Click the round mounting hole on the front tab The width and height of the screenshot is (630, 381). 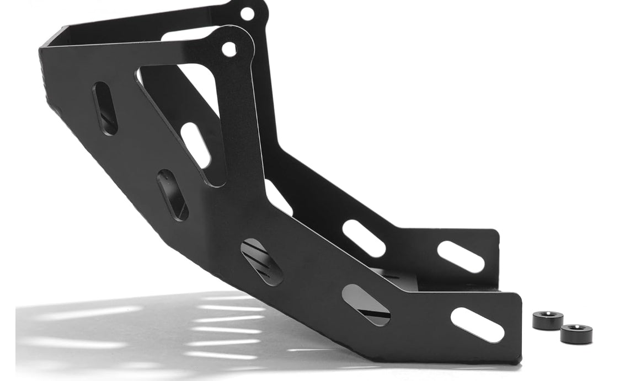click(x=229, y=50)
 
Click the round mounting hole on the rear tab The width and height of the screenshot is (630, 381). click(x=247, y=13)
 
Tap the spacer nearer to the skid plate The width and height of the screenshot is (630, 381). click(x=548, y=320)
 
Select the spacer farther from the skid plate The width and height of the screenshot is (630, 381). click(x=576, y=334)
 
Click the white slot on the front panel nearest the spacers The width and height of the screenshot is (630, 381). click(x=477, y=325)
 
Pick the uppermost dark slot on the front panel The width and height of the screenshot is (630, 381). click(x=105, y=108)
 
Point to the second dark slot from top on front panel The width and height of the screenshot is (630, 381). click(x=173, y=195)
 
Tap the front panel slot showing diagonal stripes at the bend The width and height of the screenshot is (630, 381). click(x=261, y=261)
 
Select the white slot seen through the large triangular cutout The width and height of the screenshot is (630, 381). click(x=195, y=145)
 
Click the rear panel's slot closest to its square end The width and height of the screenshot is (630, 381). click(x=461, y=257)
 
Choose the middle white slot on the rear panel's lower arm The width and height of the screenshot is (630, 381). click(x=363, y=238)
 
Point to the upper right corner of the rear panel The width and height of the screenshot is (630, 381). click(x=496, y=232)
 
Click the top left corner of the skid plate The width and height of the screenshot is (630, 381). click(x=55, y=31)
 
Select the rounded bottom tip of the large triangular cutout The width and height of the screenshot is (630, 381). click(x=217, y=181)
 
